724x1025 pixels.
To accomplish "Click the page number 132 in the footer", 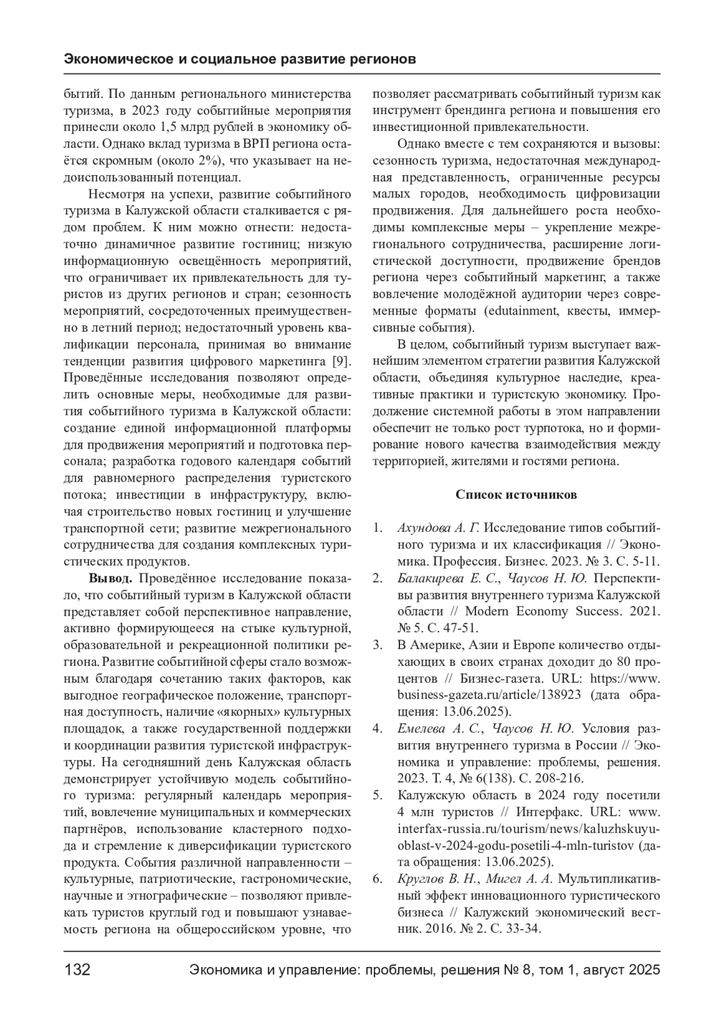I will tap(77, 969).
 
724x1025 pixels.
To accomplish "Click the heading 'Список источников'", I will tap(516, 495).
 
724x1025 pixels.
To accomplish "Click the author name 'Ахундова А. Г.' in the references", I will tap(438, 528).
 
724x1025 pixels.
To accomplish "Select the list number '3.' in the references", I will tap(378, 644).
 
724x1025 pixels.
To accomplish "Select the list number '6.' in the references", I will tap(378, 878).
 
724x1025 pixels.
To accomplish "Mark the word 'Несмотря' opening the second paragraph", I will tap(115, 194).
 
